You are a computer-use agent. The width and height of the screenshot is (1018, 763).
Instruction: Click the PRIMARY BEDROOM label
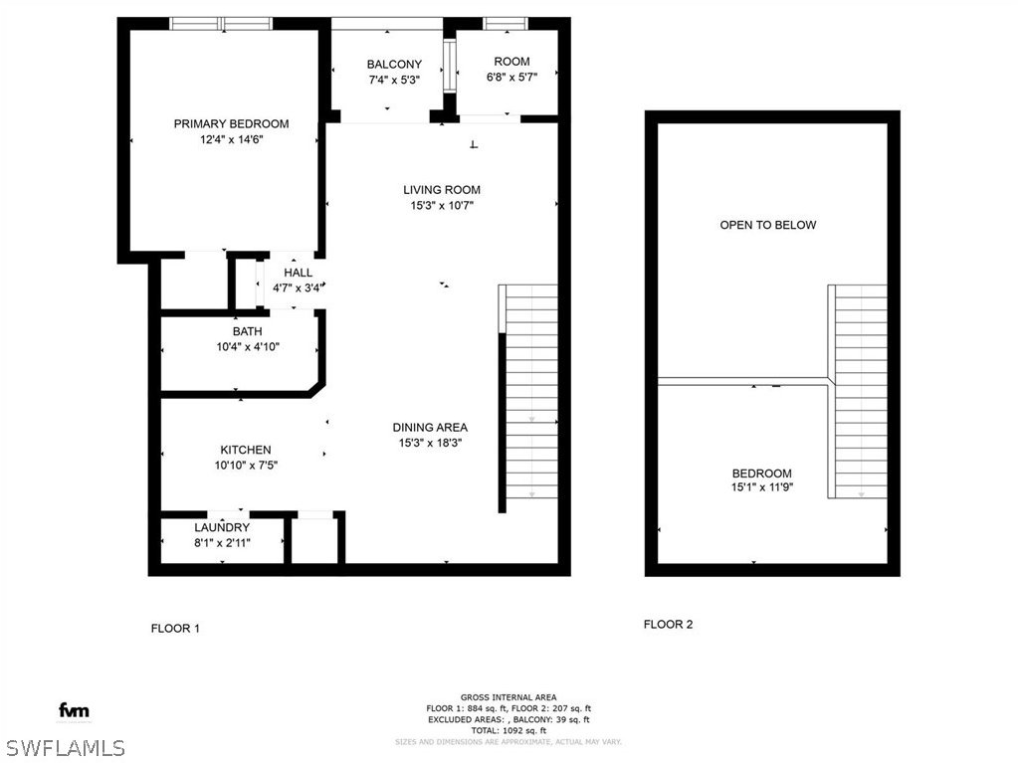[x=231, y=124]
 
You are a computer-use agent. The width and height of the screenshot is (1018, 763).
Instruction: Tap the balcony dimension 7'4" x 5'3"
[x=394, y=80]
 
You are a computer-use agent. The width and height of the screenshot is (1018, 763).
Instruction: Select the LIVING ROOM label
[x=442, y=190]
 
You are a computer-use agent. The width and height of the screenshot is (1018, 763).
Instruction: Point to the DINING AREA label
[x=430, y=428]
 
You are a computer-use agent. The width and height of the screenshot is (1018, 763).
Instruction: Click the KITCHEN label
[x=246, y=450]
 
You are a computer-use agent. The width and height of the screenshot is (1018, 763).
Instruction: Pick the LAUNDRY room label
[x=222, y=527]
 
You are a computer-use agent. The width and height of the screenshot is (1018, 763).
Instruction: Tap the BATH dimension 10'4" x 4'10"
[x=248, y=346]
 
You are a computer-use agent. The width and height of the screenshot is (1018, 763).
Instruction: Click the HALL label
[x=298, y=273]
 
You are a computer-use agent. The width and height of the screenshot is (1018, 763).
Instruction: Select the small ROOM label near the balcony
[x=511, y=62]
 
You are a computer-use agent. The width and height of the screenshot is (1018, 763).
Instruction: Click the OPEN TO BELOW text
[x=768, y=225]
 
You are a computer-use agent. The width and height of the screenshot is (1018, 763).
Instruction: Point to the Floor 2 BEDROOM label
[x=761, y=474]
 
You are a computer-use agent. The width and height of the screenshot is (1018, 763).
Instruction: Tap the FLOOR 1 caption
[x=175, y=628]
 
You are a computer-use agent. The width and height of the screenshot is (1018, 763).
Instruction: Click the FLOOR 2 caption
[x=668, y=624]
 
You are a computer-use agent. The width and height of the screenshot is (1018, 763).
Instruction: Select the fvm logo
[x=74, y=710]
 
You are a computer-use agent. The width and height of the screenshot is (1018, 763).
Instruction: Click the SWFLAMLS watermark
[x=63, y=747]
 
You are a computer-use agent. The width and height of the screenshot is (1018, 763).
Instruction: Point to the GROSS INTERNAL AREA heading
[x=509, y=697]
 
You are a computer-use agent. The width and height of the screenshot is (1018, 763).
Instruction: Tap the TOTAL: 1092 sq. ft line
[x=509, y=730]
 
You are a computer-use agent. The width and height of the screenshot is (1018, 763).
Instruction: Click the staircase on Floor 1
[x=528, y=391]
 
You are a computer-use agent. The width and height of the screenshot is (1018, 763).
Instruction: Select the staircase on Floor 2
[x=858, y=391]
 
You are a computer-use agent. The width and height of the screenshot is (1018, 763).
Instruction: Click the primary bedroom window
[x=221, y=23]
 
